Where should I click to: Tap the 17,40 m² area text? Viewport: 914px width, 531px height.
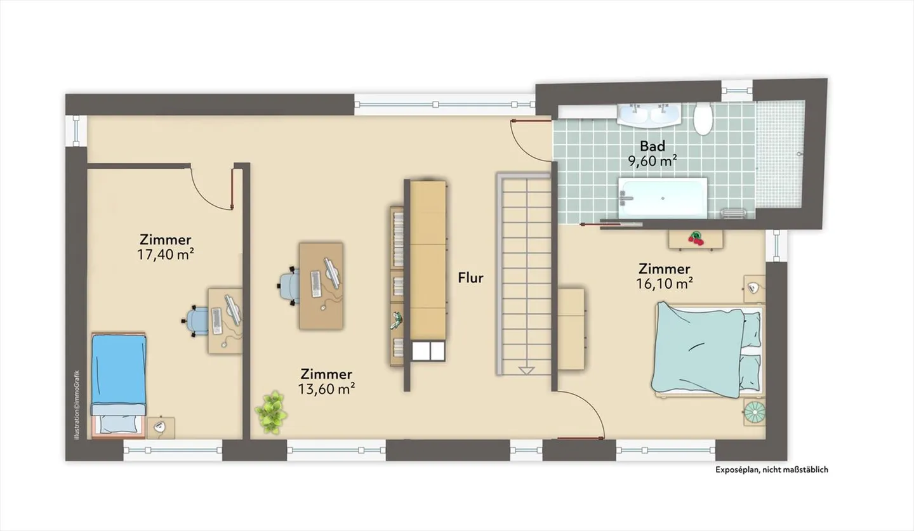[166, 254]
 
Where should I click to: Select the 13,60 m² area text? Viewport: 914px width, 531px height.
[326, 388]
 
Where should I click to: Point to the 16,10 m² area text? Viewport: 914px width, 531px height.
[665, 284]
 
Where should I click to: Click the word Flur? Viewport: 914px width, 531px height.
[471, 277]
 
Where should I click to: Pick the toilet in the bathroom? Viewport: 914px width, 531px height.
[702, 118]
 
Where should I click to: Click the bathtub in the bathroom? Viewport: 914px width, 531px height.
[663, 197]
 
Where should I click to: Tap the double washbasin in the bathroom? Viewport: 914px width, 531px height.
[648, 114]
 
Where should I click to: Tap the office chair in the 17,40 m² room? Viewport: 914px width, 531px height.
[197, 319]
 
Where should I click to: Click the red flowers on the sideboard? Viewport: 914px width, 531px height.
[696, 238]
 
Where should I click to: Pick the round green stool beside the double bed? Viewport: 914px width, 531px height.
[755, 412]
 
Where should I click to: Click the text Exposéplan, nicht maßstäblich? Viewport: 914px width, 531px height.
[772, 470]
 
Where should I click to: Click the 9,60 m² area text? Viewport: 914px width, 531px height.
[652, 162]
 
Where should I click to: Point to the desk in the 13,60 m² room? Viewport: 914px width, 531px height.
[322, 285]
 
